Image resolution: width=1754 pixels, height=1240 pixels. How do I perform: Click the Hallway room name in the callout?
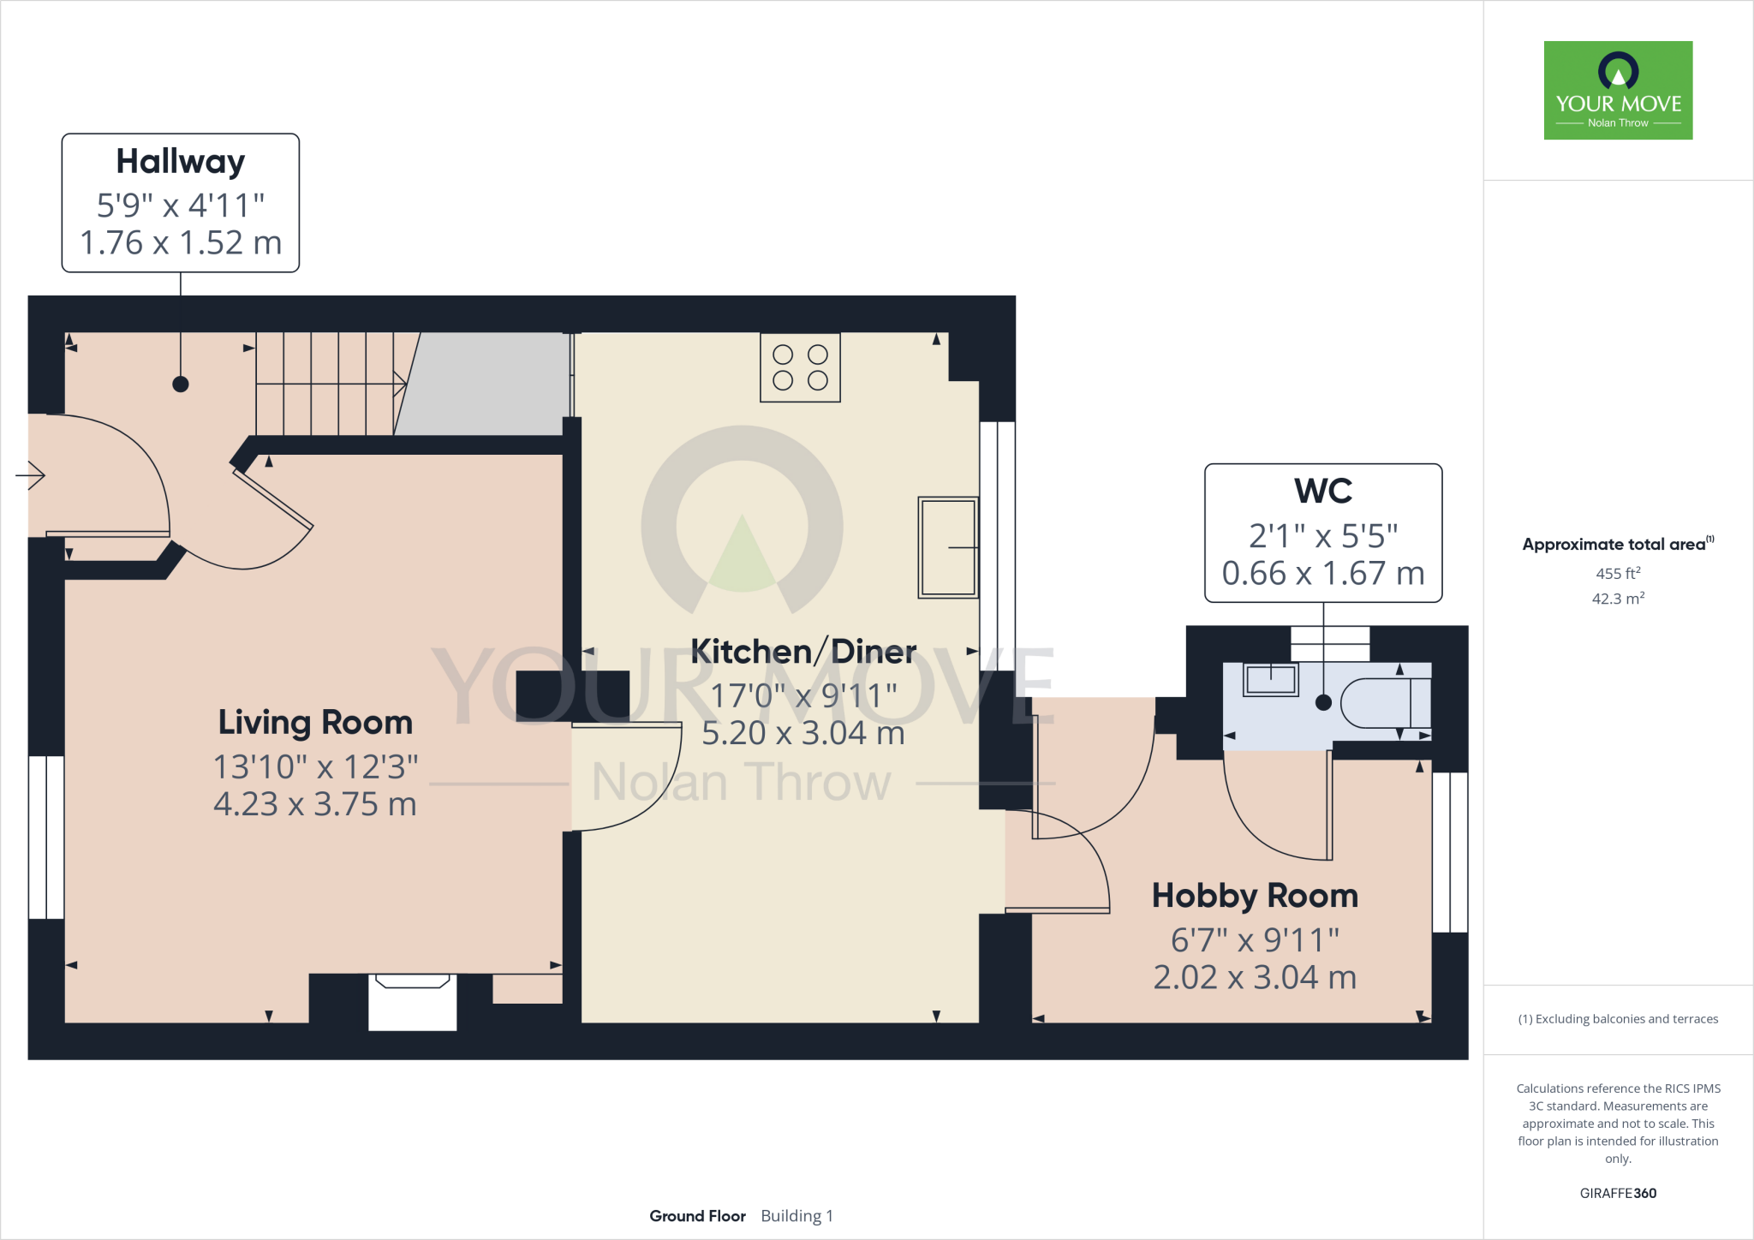(180, 162)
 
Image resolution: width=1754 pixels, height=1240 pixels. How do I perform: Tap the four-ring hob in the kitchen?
(800, 367)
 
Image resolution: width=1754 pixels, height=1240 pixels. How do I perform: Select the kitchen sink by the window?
(947, 547)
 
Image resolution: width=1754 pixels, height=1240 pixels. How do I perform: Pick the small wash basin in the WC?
(1271, 680)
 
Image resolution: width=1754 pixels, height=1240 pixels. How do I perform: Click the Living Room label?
(315, 723)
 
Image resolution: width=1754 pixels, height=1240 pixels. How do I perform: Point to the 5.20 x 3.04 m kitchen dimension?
(802, 733)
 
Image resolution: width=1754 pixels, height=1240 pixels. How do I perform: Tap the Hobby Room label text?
(1255, 896)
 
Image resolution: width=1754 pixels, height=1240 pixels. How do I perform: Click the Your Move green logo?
(1618, 90)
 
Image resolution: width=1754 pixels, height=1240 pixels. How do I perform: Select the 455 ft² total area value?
(1618, 574)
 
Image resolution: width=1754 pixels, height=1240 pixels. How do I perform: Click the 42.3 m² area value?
(1618, 599)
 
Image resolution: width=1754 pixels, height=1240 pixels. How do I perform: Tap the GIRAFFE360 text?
(1618, 1193)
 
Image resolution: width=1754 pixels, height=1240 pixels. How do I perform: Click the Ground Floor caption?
(697, 1216)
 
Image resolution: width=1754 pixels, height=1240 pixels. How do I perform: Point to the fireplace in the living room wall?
(412, 1002)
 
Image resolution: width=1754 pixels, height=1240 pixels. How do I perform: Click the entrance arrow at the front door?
(32, 474)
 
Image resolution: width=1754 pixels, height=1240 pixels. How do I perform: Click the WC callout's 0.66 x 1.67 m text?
(1322, 573)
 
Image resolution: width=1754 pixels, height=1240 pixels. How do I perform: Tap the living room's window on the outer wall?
(46, 837)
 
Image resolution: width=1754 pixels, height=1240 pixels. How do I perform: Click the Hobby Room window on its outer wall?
(1449, 852)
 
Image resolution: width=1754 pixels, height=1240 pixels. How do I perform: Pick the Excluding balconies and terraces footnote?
(1618, 1019)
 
